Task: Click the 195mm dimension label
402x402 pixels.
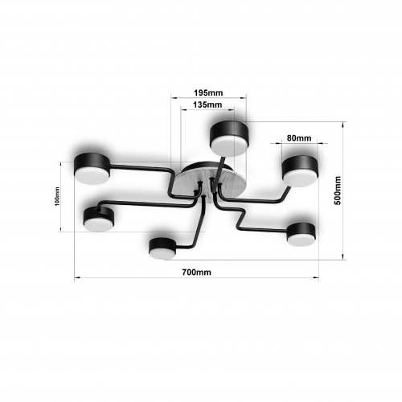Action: click(208, 92)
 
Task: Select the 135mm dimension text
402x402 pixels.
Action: click(207, 105)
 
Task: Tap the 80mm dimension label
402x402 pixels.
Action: click(299, 138)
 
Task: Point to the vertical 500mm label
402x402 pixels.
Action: click(338, 191)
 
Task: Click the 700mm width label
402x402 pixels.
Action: click(196, 273)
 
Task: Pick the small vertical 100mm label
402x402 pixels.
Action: click(57, 196)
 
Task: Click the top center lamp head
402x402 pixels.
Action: click(230, 139)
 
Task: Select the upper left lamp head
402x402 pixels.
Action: click(92, 168)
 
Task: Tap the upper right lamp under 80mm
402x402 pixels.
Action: click(300, 171)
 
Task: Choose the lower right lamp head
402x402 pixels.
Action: click(301, 235)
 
